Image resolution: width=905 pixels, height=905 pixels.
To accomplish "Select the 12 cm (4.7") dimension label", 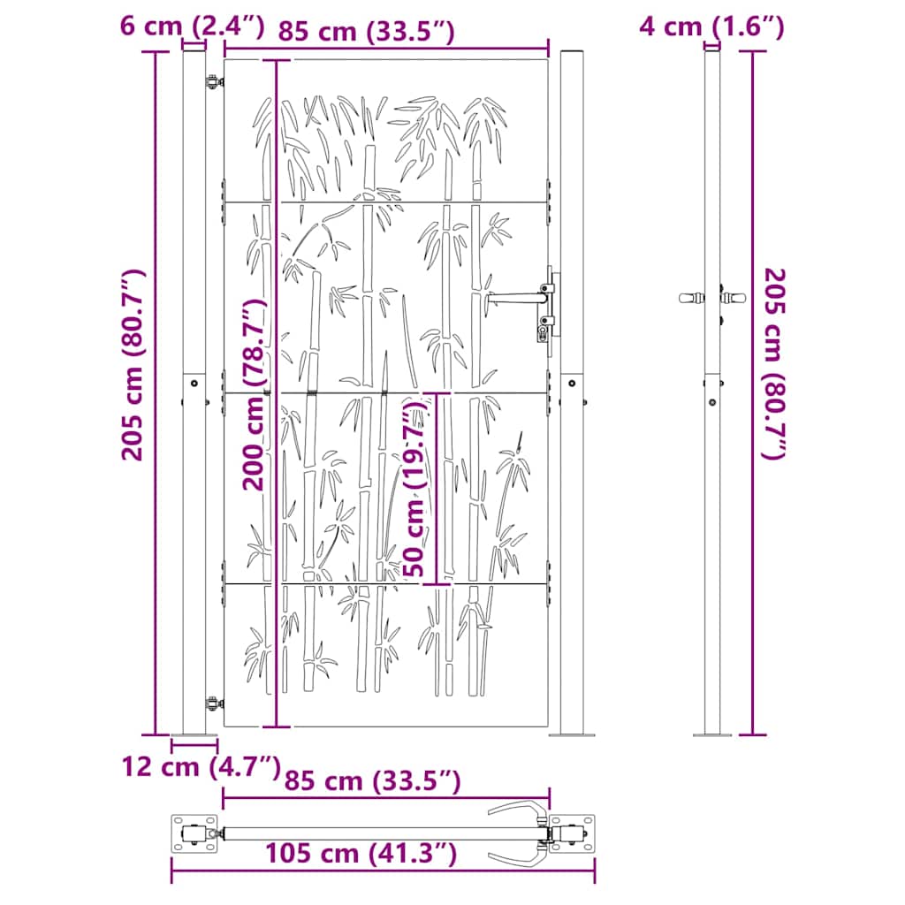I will pyautogui.click(x=200, y=766).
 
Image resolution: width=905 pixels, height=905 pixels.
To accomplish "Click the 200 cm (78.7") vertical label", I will pyautogui.click(x=255, y=394).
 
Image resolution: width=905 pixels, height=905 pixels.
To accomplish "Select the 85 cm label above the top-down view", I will pyautogui.click(x=372, y=781).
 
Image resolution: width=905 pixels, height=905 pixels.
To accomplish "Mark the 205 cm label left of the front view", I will pyautogui.click(x=133, y=365).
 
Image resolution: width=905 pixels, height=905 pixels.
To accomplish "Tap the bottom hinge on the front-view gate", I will pyautogui.click(x=213, y=703).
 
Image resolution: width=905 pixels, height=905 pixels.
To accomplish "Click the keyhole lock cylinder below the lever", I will pyautogui.click(x=542, y=333).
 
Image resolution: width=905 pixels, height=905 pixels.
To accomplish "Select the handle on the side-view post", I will pyautogui.click(x=693, y=298).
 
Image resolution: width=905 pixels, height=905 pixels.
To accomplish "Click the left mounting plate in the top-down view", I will pyautogui.click(x=194, y=833).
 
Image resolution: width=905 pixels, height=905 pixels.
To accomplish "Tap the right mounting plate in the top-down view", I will pyautogui.click(x=572, y=833).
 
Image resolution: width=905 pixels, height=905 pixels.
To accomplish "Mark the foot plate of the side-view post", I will pyautogui.click(x=711, y=734).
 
